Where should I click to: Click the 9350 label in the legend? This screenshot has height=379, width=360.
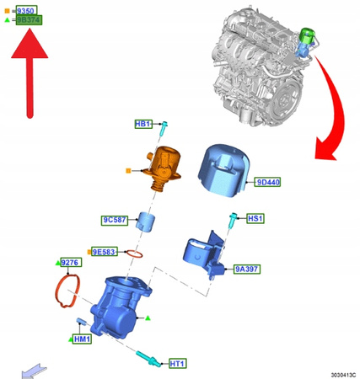26,11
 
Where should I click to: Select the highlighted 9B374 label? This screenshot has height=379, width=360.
29,20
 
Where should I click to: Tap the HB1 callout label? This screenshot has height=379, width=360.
143,124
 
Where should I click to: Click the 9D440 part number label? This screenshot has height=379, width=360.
267,182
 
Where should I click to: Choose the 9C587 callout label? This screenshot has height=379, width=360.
115,220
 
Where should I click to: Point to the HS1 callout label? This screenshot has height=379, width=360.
255,218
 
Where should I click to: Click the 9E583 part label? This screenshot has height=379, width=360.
105,252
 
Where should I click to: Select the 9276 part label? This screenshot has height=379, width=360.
72,263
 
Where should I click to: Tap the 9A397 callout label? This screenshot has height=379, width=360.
247,269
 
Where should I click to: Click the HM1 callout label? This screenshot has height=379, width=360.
82,339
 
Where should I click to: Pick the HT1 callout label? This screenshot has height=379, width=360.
178,364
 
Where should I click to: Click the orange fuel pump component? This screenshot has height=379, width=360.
162,168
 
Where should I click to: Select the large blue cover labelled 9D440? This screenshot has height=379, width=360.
223,170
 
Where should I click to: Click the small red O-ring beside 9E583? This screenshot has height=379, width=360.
134,254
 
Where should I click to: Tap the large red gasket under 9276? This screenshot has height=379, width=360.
67,291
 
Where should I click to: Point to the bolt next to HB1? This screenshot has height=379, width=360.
164,128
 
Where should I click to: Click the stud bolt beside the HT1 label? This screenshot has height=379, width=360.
148,359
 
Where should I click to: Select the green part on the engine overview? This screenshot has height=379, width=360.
308,35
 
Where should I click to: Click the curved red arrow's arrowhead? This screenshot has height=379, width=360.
325,148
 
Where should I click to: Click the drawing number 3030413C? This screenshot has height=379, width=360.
343,375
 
